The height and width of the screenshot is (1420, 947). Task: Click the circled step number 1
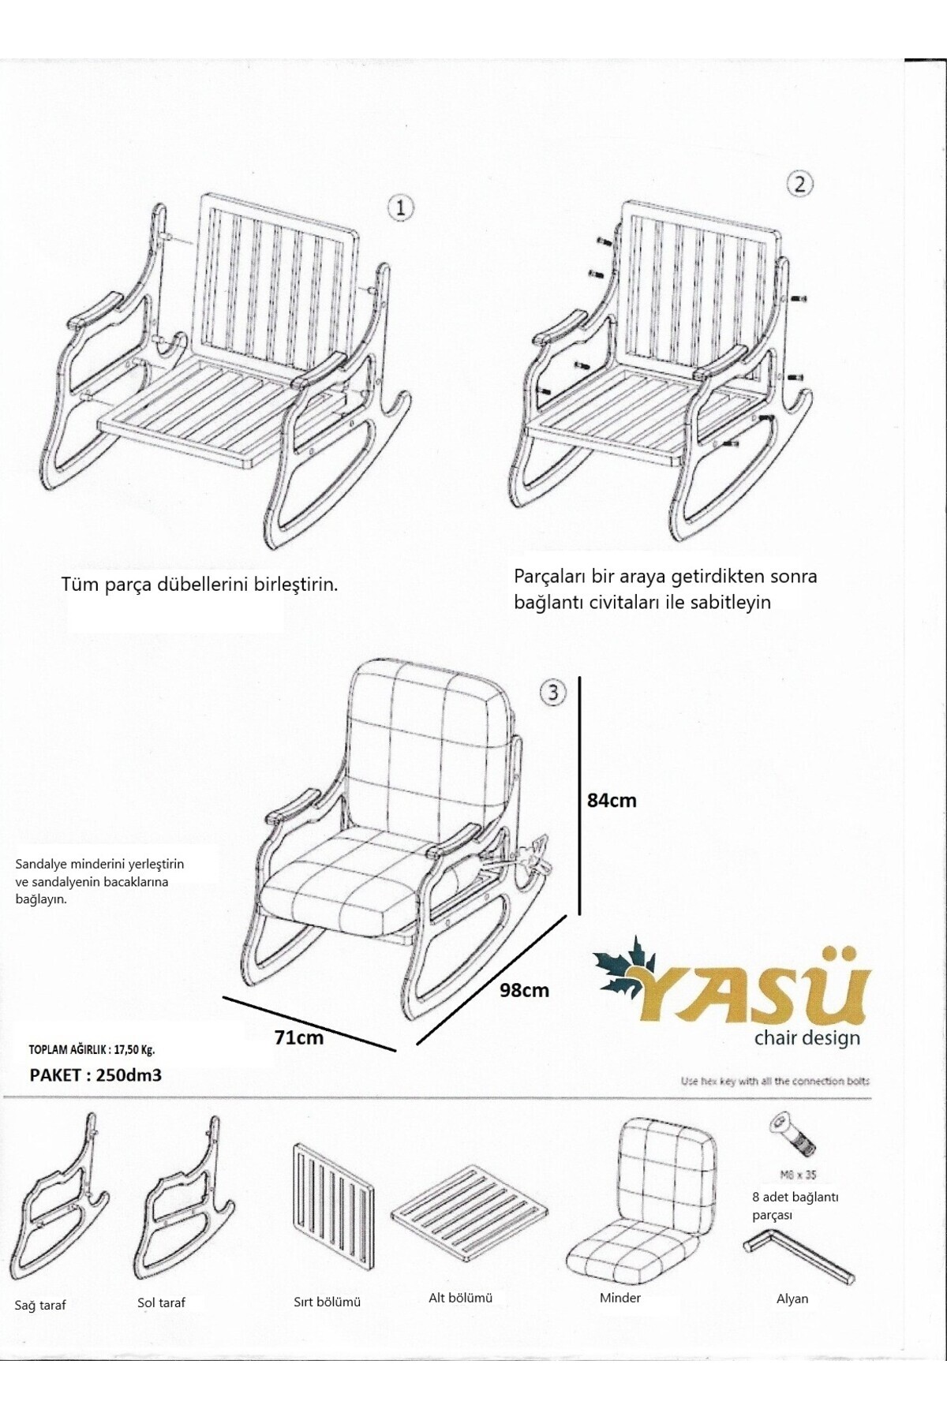click(400, 208)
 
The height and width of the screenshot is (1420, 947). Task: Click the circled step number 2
click(799, 184)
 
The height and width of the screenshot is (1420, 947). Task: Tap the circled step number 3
click(552, 693)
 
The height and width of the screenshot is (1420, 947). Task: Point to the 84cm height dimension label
click(612, 800)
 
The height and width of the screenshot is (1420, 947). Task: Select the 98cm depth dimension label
click(524, 990)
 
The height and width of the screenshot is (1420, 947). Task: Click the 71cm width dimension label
click(298, 1037)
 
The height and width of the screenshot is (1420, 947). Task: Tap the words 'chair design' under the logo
click(807, 1037)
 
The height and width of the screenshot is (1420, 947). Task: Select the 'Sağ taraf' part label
click(40, 1306)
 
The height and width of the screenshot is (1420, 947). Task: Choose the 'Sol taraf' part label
click(161, 1302)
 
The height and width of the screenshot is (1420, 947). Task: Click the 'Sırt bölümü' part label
click(327, 1302)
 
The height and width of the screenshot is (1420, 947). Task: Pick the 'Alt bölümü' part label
click(460, 1298)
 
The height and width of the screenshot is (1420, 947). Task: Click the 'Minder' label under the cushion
click(619, 1298)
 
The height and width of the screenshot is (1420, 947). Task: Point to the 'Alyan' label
click(792, 1299)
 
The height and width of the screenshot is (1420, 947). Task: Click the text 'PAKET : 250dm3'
click(95, 1074)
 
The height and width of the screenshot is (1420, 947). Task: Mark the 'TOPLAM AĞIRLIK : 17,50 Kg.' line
click(92, 1049)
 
